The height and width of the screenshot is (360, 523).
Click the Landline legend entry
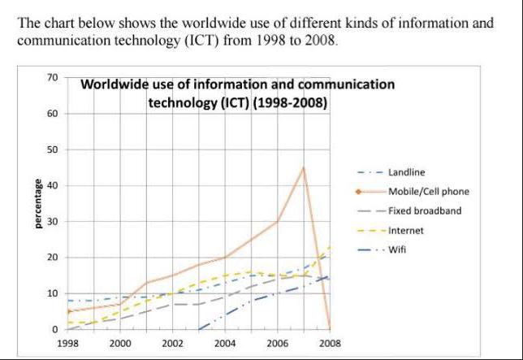[406, 172]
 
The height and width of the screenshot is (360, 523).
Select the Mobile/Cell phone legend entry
[428, 192]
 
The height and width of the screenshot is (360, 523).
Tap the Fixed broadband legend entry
[424, 211]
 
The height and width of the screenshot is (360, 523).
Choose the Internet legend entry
[405, 231]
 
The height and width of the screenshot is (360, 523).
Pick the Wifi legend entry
[397, 249]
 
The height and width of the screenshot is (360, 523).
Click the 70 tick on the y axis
[53, 78]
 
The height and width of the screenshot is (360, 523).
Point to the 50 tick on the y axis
[53, 150]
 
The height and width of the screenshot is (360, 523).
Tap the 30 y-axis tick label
[53, 222]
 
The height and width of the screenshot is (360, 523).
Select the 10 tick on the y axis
[53, 293]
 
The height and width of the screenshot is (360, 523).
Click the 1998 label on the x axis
[67, 344]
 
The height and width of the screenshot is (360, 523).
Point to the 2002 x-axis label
[172, 344]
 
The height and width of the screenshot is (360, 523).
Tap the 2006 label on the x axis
[278, 344]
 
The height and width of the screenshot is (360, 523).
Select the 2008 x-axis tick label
[331, 344]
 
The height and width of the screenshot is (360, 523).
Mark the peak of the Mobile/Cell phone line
[304, 167]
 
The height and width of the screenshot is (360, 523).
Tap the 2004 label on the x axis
[225, 344]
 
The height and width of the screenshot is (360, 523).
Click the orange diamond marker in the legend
[358, 192]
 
